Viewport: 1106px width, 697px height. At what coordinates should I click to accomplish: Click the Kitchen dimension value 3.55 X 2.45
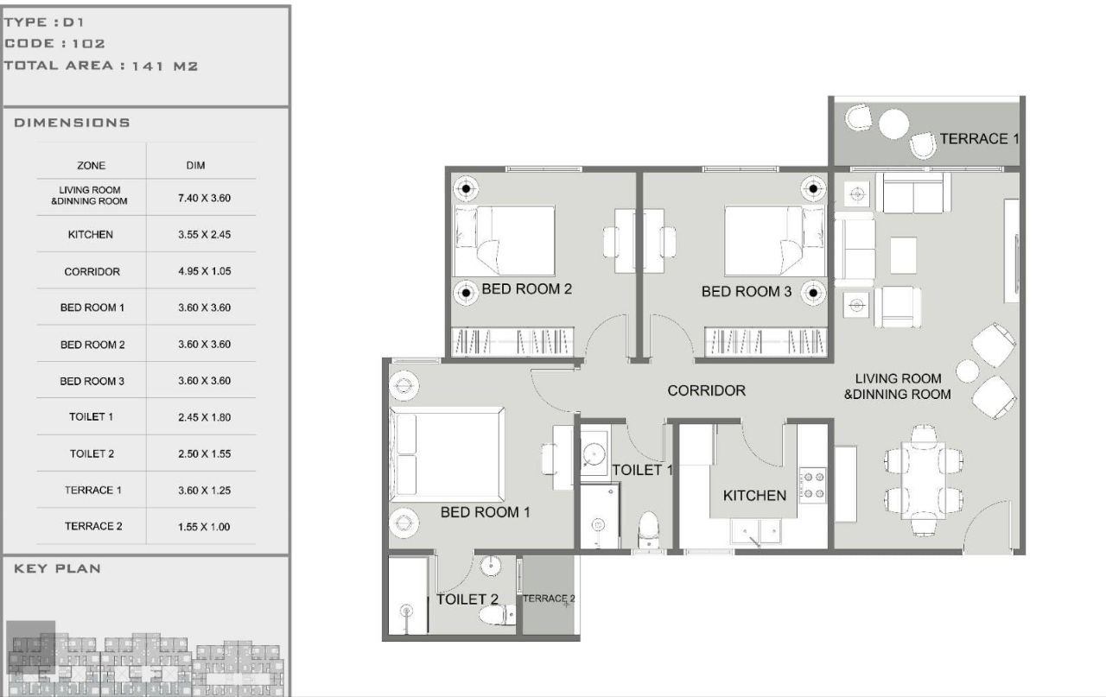(x=205, y=234)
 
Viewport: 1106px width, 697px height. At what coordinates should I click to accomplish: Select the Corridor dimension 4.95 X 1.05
(x=205, y=271)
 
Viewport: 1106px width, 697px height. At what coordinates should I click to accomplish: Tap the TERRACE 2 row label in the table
(x=92, y=526)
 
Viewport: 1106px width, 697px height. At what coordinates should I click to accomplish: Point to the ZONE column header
(x=91, y=165)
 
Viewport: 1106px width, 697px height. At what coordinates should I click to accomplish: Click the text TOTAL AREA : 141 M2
(x=101, y=66)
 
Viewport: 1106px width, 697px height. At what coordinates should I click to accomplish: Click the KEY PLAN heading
(x=57, y=568)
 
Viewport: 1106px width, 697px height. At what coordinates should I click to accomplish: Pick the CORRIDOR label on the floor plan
(x=706, y=391)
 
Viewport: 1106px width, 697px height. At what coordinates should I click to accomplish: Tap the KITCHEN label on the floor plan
(x=754, y=496)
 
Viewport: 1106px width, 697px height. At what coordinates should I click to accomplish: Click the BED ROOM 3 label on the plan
(x=746, y=292)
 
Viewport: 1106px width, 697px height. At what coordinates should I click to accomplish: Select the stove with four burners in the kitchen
(x=813, y=485)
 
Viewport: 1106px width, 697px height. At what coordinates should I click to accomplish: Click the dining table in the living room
(x=923, y=480)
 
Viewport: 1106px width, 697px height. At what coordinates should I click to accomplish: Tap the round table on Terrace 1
(x=893, y=124)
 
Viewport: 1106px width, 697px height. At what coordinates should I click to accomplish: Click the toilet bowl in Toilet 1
(x=648, y=530)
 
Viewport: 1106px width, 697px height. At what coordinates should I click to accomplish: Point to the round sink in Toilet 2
(x=491, y=566)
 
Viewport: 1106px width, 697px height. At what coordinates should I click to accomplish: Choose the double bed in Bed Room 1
(x=447, y=454)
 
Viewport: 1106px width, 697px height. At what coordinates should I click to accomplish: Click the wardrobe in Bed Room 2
(x=512, y=341)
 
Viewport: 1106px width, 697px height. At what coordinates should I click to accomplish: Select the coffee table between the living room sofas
(x=903, y=255)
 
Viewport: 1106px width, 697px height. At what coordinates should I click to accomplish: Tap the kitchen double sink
(x=756, y=531)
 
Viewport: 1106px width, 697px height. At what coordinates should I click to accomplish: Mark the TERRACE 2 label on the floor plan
(x=549, y=599)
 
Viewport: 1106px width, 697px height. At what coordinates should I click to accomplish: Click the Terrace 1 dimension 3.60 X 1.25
(x=205, y=491)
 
